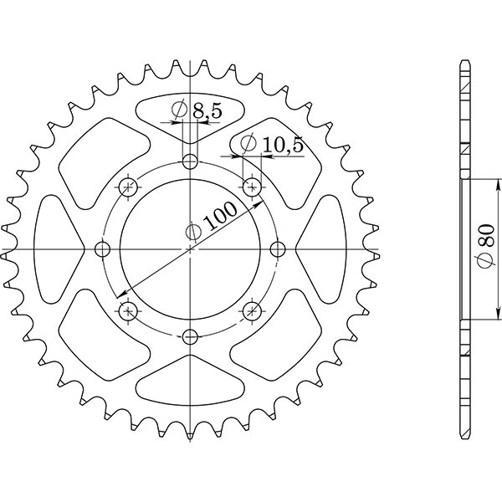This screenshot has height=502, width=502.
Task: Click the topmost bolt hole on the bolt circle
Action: (191, 161)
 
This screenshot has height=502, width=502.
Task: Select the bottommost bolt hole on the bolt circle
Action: (191, 336)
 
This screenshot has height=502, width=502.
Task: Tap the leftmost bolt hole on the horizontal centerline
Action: (103, 249)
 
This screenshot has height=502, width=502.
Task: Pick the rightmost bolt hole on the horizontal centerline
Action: (279, 249)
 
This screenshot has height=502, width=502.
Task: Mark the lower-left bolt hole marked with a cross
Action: (129, 311)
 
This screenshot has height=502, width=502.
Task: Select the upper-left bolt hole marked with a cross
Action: (129, 187)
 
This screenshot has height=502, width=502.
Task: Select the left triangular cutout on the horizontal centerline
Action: (59, 249)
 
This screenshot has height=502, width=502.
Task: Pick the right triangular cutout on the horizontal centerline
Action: (323, 249)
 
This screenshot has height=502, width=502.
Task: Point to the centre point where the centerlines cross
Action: (191, 249)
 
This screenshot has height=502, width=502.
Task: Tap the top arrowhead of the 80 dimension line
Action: (499, 183)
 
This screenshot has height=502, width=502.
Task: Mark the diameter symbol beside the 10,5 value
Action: (248, 145)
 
